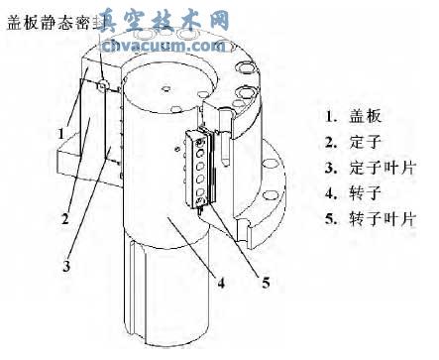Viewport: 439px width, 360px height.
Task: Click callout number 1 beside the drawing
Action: pos(60,128)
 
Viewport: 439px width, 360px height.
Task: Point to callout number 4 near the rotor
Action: pos(221,283)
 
